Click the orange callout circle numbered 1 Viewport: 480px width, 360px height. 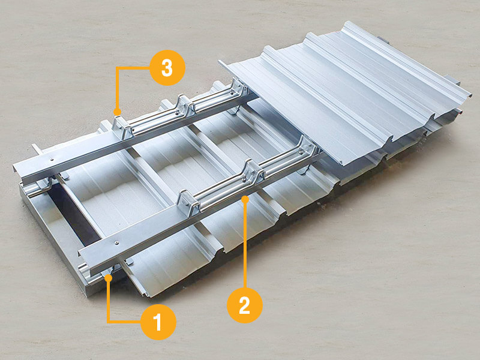click(x=158, y=322)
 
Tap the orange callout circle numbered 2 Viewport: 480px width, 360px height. click(x=245, y=305)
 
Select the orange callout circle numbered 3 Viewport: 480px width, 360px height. click(x=167, y=68)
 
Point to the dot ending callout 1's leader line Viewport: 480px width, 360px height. click(x=108, y=278)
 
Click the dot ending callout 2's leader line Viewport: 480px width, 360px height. click(x=245, y=199)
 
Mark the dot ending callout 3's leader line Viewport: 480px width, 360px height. click(x=117, y=112)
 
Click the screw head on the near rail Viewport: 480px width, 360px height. click(x=116, y=243)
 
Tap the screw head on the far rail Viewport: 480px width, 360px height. click(x=52, y=159)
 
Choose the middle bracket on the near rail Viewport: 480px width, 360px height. click(x=254, y=172)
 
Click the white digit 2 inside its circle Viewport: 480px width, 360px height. click(x=245, y=305)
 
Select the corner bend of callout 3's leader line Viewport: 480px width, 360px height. click(x=117, y=68)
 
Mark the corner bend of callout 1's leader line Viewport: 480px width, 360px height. click(x=108, y=322)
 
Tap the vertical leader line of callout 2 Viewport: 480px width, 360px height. click(x=245, y=244)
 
